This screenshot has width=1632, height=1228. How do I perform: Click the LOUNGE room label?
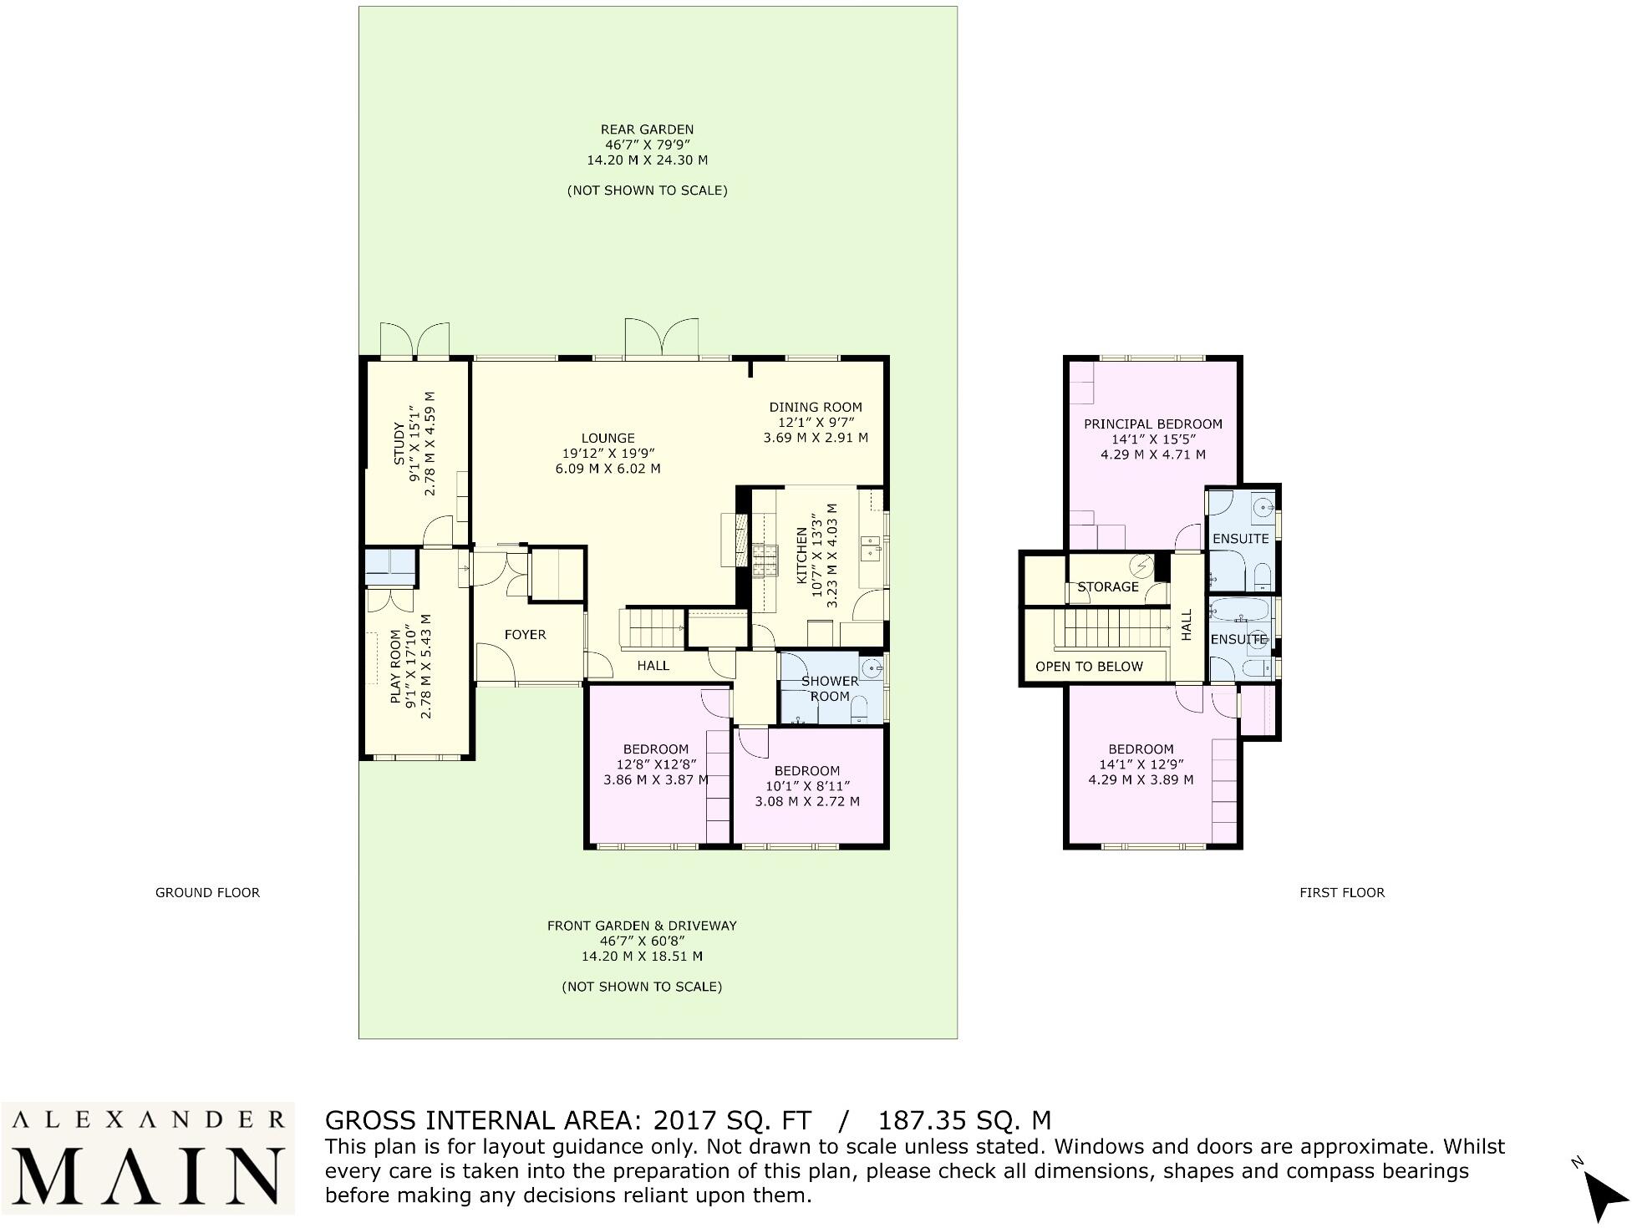(608, 438)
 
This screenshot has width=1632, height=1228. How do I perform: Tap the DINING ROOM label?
(815, 408)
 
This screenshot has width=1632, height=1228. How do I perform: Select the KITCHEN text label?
(801, 555)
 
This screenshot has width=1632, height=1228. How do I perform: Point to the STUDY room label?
(399, 444)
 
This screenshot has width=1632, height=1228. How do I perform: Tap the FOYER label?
(525, 635)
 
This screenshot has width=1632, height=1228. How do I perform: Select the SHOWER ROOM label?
(829, 688)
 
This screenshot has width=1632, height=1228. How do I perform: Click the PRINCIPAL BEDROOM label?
(1152, 424)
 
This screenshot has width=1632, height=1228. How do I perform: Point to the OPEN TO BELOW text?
(1088, 667)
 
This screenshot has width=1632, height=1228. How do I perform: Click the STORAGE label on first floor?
(1107, 587)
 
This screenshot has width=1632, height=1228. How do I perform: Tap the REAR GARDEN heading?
(647, 129)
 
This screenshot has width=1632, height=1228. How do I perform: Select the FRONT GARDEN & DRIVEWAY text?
(641, 926)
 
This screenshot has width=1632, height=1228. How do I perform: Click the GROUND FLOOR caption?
(207, 892)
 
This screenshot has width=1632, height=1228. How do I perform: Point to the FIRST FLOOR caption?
(1341, 892)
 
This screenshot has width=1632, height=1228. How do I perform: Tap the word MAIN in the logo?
(148, 1175)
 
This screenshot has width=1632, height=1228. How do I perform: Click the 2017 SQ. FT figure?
(732, 1120)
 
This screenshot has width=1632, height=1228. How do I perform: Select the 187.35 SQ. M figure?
(963, 1120)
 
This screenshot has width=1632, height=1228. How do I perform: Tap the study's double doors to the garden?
(414, 341)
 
